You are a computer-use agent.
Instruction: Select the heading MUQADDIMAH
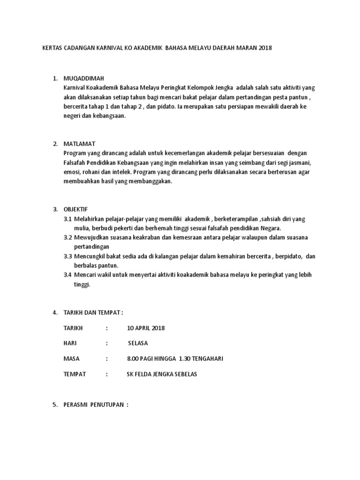tap(84, 78)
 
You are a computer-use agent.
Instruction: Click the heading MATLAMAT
tap(79, 143)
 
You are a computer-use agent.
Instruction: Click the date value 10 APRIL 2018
tap(146, 328)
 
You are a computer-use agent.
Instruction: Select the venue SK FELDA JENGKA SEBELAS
tap(162, 374)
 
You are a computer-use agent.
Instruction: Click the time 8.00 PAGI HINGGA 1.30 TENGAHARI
tap(175, 359)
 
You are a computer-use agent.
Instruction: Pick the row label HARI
tap(70, 343)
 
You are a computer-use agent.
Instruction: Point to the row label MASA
tap(71, 359)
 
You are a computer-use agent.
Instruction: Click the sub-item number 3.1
tap(67, 219)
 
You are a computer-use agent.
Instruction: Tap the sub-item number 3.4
tap(67, 275)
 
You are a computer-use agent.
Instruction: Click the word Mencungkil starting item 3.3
tap(92, 256)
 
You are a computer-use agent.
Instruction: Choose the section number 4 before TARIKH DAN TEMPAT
tap(55, 312)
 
